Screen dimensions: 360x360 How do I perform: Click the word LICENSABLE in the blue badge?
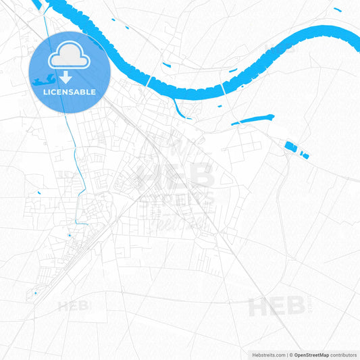point(70,92)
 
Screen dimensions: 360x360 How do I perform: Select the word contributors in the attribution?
point(344,355)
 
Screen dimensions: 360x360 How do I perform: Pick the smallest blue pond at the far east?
point(305,156)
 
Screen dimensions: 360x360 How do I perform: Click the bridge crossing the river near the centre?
point(148,81)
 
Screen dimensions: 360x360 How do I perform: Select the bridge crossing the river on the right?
point(223,91)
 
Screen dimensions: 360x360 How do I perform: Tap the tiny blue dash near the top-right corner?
point(337,9)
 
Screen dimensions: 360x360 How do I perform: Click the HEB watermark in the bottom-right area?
point(277,307)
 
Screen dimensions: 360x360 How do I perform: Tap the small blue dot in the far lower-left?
point(36,293)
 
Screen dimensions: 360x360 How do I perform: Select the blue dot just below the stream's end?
point(70,235)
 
